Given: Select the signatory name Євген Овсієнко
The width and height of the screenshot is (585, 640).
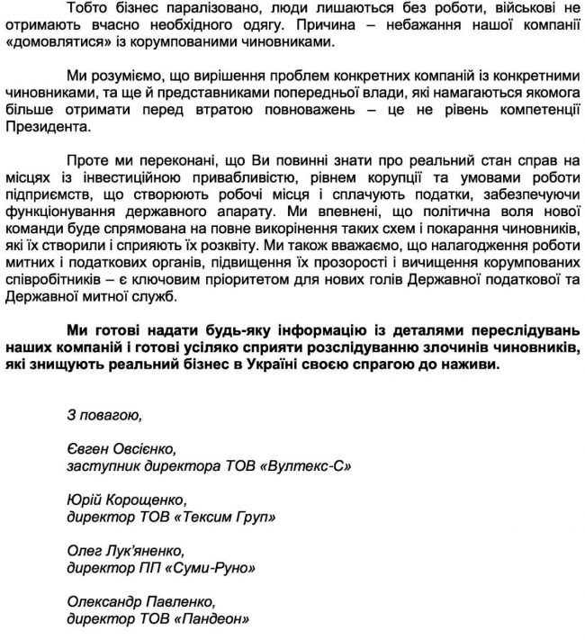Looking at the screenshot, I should click(x=121, y=450).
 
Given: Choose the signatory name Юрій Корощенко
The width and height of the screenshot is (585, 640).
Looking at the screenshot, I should click(x=127, y=500).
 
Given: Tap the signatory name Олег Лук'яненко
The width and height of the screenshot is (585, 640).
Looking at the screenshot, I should click(x=126, y=552).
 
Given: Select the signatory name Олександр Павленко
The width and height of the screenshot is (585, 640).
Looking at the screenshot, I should click(x=140, y=602).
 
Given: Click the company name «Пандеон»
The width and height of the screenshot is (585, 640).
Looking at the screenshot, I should click(x=215, y=619).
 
